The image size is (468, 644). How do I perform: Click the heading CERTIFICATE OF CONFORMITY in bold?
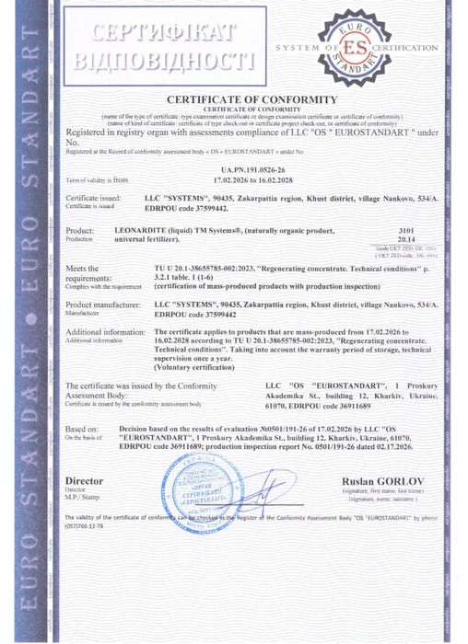[x=252, y=99]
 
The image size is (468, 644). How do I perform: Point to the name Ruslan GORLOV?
[x=371, y=480]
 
